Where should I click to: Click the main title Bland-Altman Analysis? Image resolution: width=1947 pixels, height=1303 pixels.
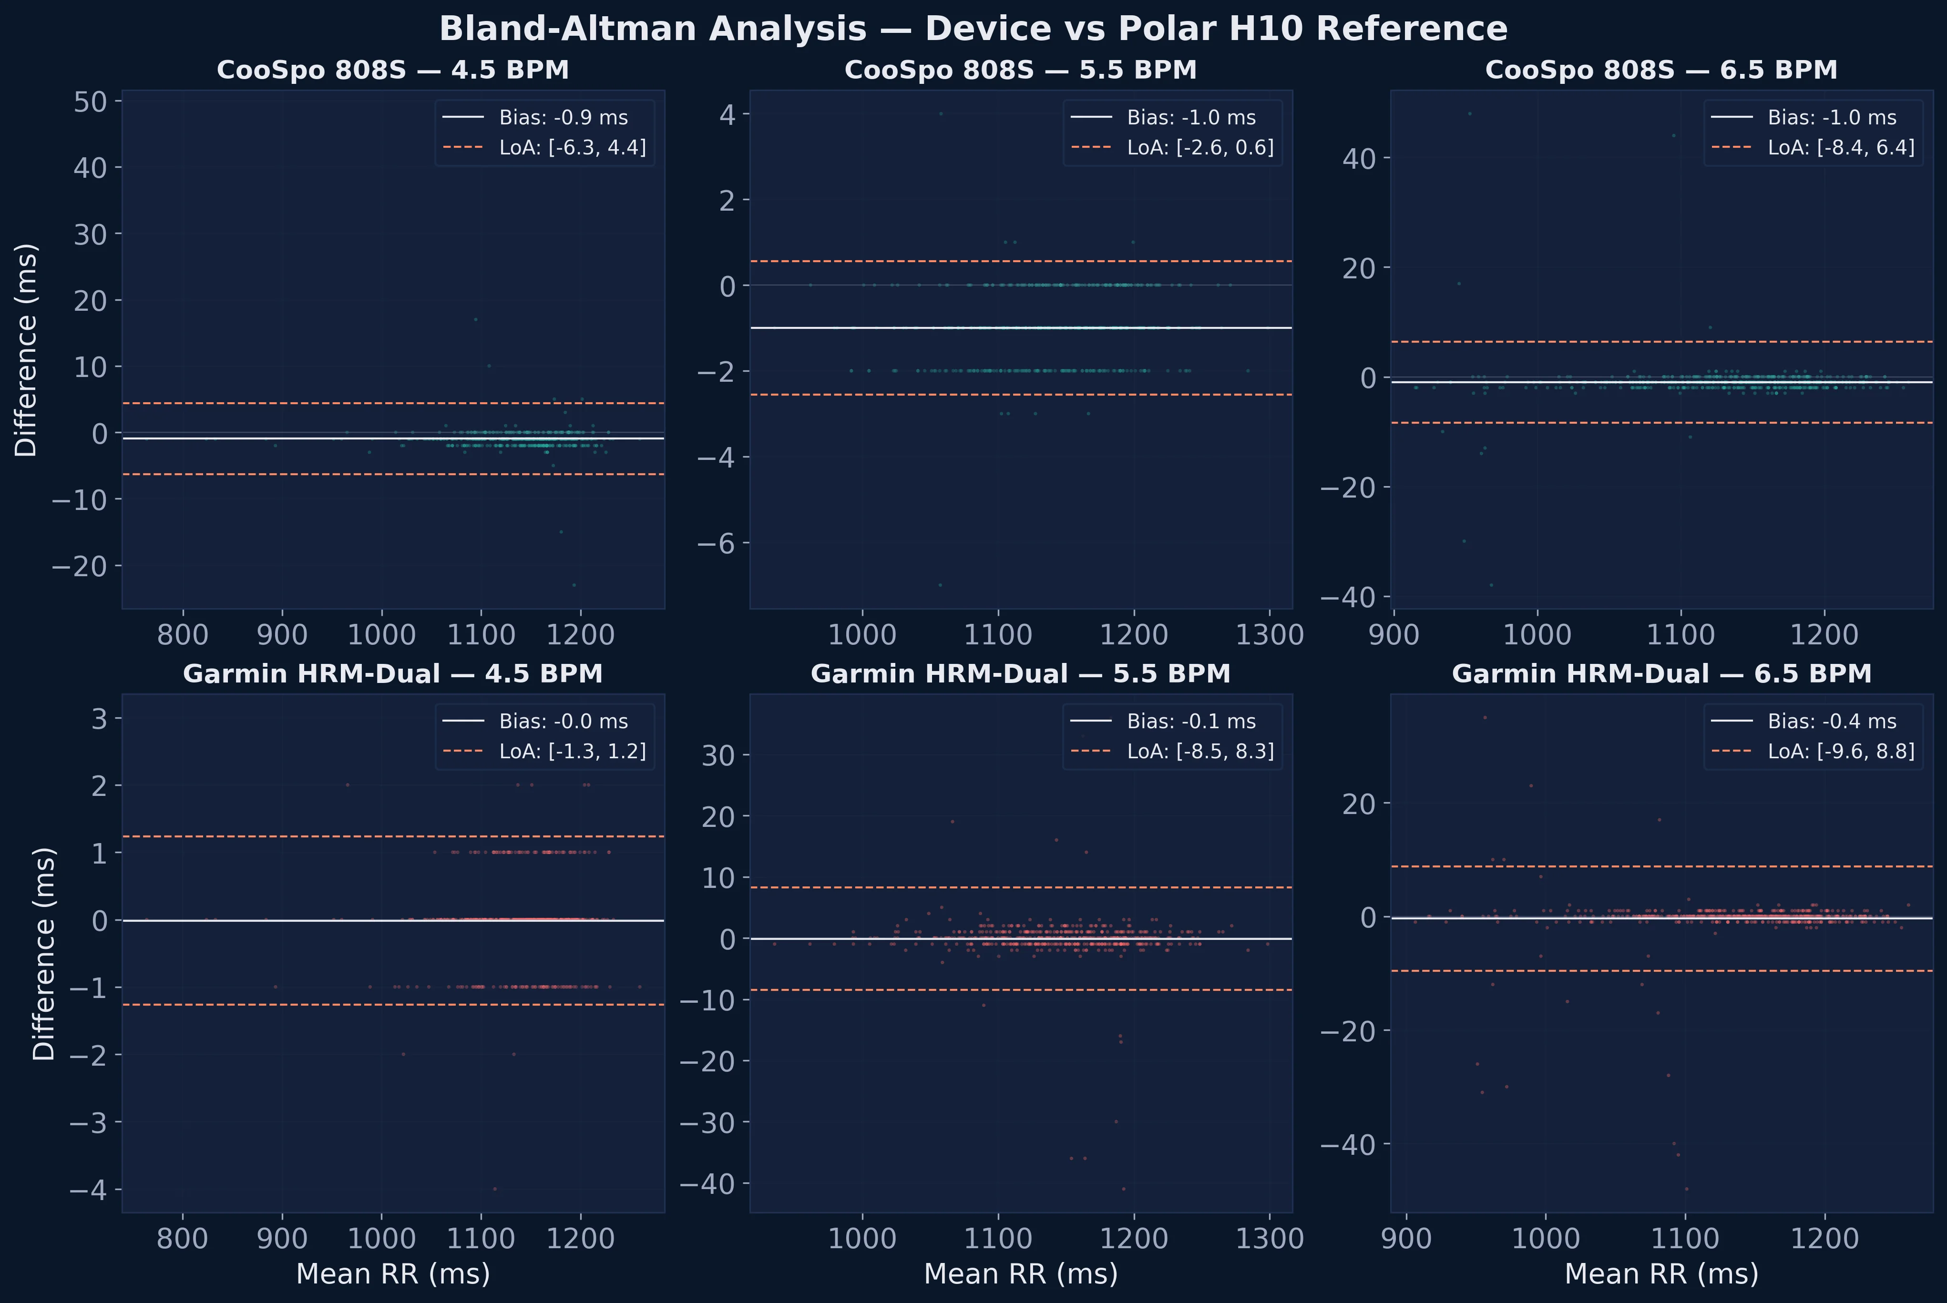tap(973, 29)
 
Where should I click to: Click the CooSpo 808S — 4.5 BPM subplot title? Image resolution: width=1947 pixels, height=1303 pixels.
tap(392, 70)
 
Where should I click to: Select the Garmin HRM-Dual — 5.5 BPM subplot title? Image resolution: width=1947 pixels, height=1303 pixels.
tap(1020, 674)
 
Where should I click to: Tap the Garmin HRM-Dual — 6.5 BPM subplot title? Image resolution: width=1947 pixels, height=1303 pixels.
tap(1661, 674)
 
